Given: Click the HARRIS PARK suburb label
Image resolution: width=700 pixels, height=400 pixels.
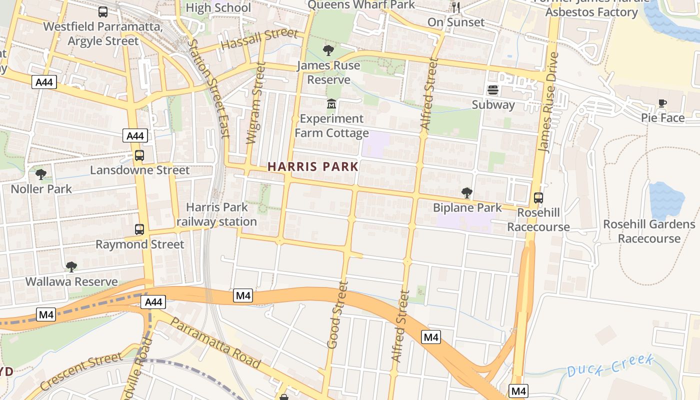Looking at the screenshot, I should pos(313,166).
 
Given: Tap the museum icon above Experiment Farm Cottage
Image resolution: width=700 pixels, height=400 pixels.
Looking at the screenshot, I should pos(331,104).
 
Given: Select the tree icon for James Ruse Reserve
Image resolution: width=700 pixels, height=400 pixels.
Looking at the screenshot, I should pos(328,50).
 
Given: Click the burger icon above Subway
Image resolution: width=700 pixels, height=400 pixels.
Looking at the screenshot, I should pos(493,90).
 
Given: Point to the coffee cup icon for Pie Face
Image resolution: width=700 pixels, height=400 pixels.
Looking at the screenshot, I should pos(662,103).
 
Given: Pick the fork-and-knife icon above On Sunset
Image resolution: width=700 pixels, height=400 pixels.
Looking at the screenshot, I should pos(455,7).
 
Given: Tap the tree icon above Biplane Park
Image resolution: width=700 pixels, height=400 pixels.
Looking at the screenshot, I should pos(466,192).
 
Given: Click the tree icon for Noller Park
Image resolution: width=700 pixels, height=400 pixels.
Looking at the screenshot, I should pos(41,174).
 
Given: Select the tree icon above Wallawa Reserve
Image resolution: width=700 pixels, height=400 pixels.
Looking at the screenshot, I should pos(71,267).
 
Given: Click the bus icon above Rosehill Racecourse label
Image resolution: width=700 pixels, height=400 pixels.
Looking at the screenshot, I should pos(538,197).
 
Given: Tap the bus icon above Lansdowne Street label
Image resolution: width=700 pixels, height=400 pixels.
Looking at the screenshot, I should pos(139,155).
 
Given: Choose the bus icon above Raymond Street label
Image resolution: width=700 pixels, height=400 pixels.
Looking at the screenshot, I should pos(139,229).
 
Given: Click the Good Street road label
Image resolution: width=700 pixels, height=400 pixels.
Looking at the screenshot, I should pos(337,314).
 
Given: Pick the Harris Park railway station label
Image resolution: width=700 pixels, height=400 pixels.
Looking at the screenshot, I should pos(216,214).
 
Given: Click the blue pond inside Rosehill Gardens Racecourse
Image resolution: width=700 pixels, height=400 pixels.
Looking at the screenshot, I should pos(666,200).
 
